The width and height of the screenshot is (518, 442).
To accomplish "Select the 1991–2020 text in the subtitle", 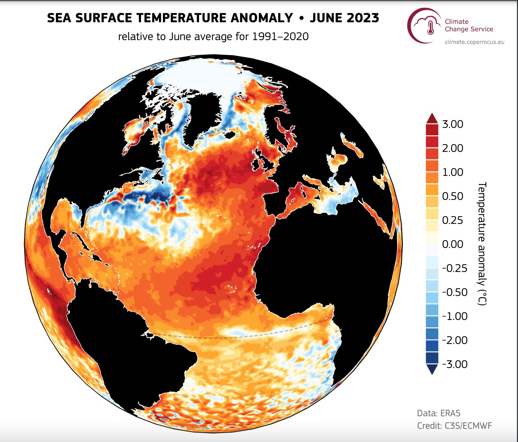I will [x=280, y=36].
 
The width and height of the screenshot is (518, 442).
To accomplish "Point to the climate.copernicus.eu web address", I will [x=474, y=42].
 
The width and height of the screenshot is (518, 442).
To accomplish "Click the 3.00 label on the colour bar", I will [x=453, y=124].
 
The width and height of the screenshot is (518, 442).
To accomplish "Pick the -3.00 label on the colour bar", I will [x=455, y=364].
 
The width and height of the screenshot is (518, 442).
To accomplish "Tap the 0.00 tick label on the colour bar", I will [x=453, y=244].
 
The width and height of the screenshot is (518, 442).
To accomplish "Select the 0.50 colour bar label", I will [x=453, y=196].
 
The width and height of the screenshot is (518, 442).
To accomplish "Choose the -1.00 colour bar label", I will [x=455, y=316].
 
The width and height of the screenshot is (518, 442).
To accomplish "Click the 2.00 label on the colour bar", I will [x=453, y=148].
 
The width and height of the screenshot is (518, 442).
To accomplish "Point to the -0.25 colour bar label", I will [x=455, y=268].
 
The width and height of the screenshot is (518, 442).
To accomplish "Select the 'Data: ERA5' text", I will [x=439, y=413].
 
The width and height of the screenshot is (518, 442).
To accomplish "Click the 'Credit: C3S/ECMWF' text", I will [x=454, y=426].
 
